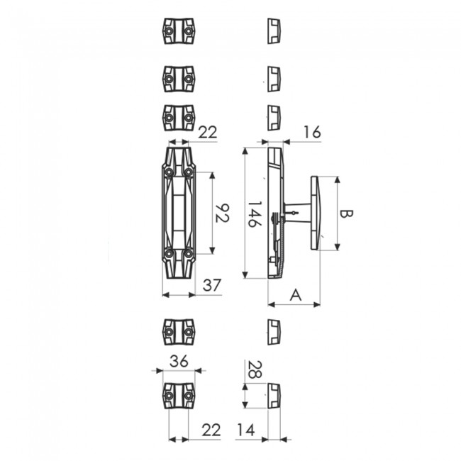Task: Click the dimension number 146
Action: (x=253, y=213)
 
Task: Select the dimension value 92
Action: (x=221, y=213)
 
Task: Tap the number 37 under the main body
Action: (x=212, y=285)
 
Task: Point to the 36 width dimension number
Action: (x=179, y=360)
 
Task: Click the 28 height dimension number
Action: (x=253, y=370)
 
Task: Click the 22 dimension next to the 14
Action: (x=211, y=430)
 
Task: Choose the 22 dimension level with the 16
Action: (x=208, y=132)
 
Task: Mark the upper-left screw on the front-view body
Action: (x=169, y=172)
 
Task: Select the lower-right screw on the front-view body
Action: (x=189, y=253)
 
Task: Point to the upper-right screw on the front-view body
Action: (x=189, y=172)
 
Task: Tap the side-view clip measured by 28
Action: (x=274, y=395)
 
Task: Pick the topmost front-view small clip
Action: (x=178, y=31)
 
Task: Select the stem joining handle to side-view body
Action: (x=299, y=211)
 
